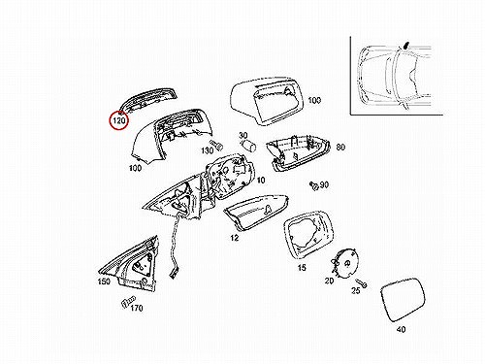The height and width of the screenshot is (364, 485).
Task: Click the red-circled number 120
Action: coord(119,121)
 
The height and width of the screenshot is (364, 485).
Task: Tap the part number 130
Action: coord(208,150)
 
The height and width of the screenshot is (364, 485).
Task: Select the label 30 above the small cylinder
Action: coord(243,136)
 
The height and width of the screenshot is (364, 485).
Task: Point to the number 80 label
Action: coord(340,148)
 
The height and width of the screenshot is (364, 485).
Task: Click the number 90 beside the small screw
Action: coord(324,184)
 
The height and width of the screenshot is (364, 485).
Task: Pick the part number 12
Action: coord(235,238)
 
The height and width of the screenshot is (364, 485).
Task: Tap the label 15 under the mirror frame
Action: coord(302,268)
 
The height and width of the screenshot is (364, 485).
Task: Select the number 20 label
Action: coord(329,281)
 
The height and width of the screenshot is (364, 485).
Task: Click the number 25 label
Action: coord(356,290)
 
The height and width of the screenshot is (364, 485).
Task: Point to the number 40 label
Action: coord(401,329)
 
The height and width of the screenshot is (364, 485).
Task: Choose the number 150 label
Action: coord(104,281)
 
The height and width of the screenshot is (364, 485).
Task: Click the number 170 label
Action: coord(137,308)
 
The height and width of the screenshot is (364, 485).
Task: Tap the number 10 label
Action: coord(261,180)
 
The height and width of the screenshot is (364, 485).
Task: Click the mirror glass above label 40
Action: coord(404,299)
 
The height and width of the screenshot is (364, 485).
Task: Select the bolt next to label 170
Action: coord(128,302)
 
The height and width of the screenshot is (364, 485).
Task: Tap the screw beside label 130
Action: coord(216,146)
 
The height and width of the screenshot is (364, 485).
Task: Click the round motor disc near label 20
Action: coord(347,263)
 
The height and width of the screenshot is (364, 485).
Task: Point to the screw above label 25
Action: coord(361,282)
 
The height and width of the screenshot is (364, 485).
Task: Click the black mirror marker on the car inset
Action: coord(406,45)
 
